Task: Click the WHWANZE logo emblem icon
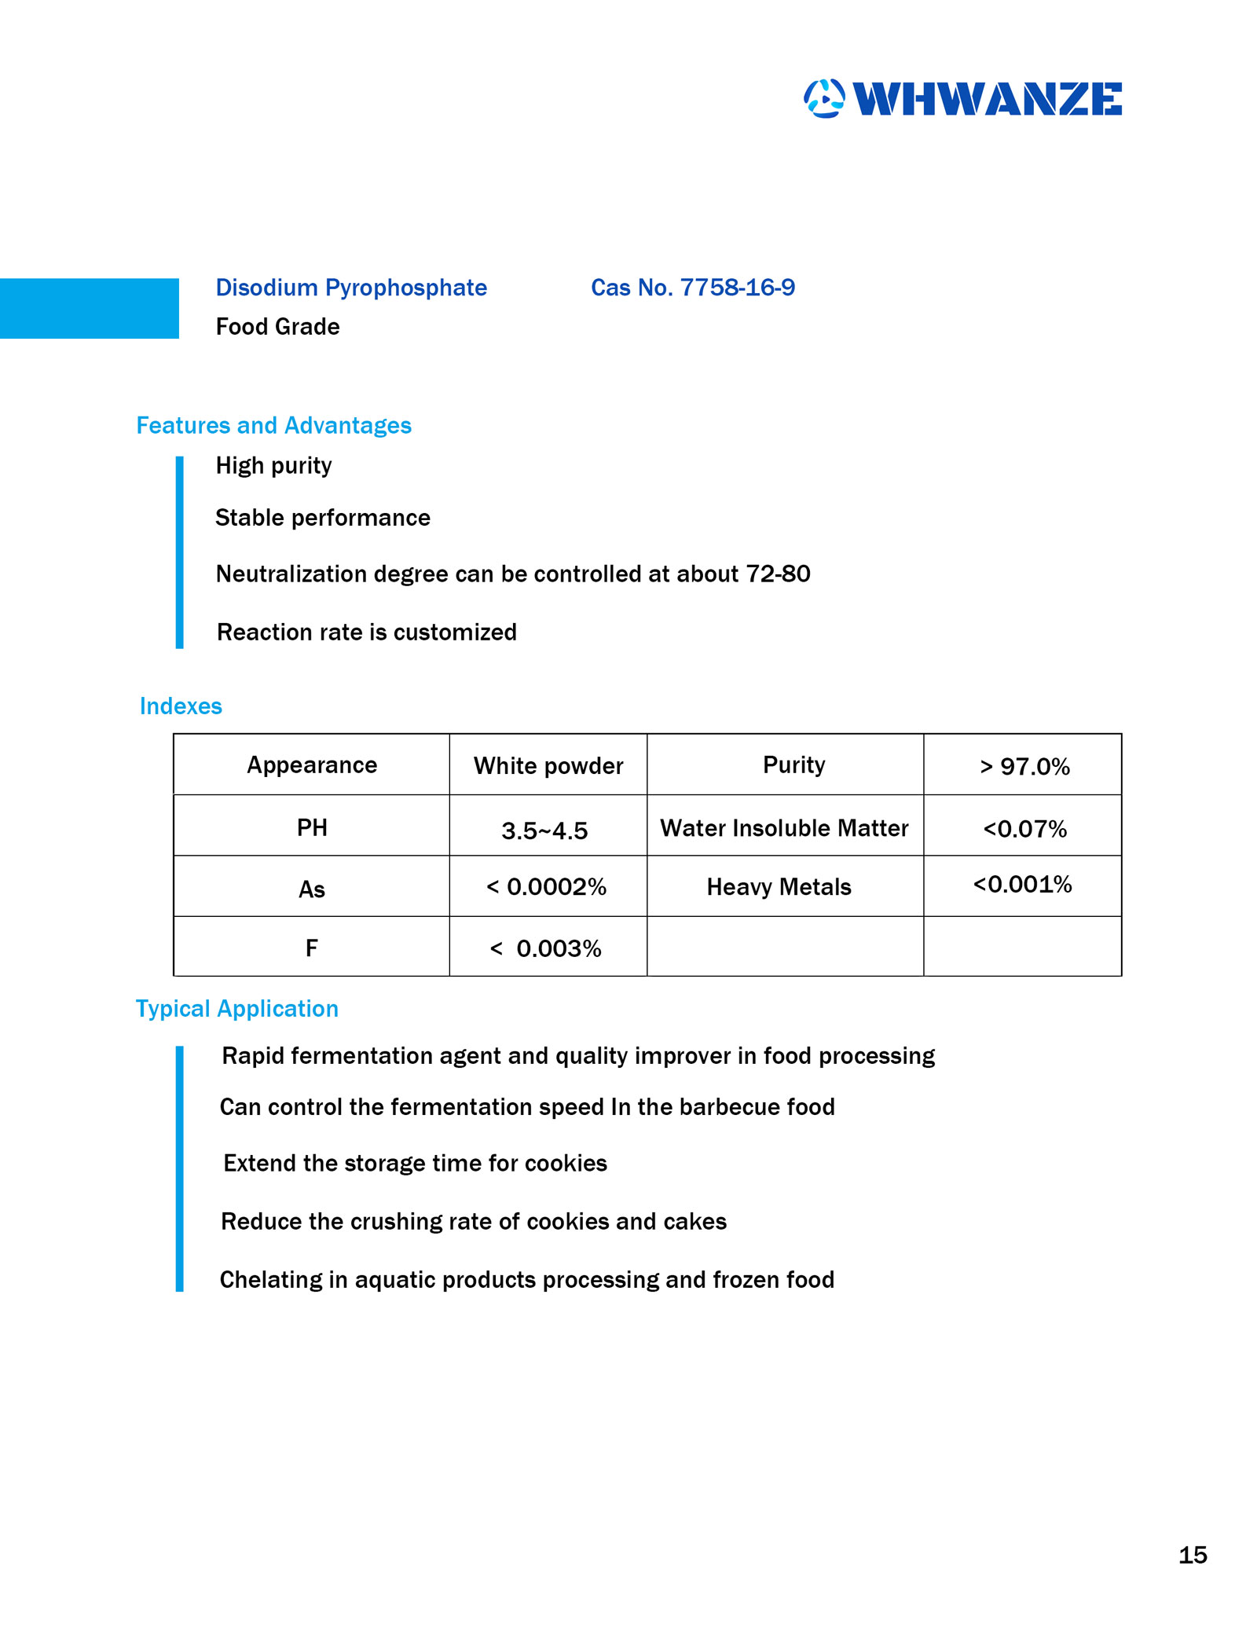click(823, 99)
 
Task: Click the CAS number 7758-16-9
click(692, 288)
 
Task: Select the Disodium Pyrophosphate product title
click(351, 288)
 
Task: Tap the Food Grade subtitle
click(277, 327)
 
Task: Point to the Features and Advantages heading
click(273, 425)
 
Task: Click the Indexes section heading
click(181, 706)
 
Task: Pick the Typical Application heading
click(236, 1008)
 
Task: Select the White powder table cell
click(548, 765)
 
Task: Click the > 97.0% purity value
click(1024, 766)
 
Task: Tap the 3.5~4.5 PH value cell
click(544, 830)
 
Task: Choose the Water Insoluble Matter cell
click(784, 828)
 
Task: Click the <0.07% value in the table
click(1024, 829)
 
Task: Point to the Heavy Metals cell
click(779, 887)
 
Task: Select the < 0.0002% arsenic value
click(546, 887)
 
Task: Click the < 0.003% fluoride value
click(546, 948)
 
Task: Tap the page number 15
click(1193, 1554)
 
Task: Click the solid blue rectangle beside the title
click(89, 308)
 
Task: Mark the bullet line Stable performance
click(322, 518)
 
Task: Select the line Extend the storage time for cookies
click(415, 1163)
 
